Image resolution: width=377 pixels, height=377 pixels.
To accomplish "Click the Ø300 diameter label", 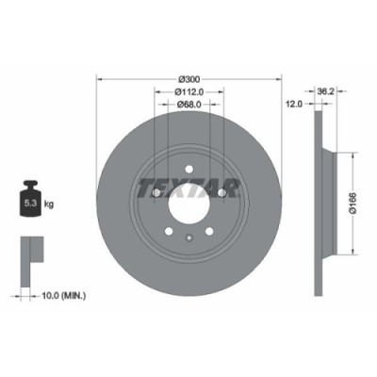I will click(188, 77).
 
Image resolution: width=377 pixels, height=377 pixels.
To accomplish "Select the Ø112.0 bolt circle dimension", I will click(189, 91).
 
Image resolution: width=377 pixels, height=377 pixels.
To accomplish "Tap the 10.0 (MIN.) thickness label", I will click(62, 295).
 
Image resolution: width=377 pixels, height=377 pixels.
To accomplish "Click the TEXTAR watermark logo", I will click(188, 184).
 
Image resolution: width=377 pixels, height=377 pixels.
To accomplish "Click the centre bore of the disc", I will click(188, 201).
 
